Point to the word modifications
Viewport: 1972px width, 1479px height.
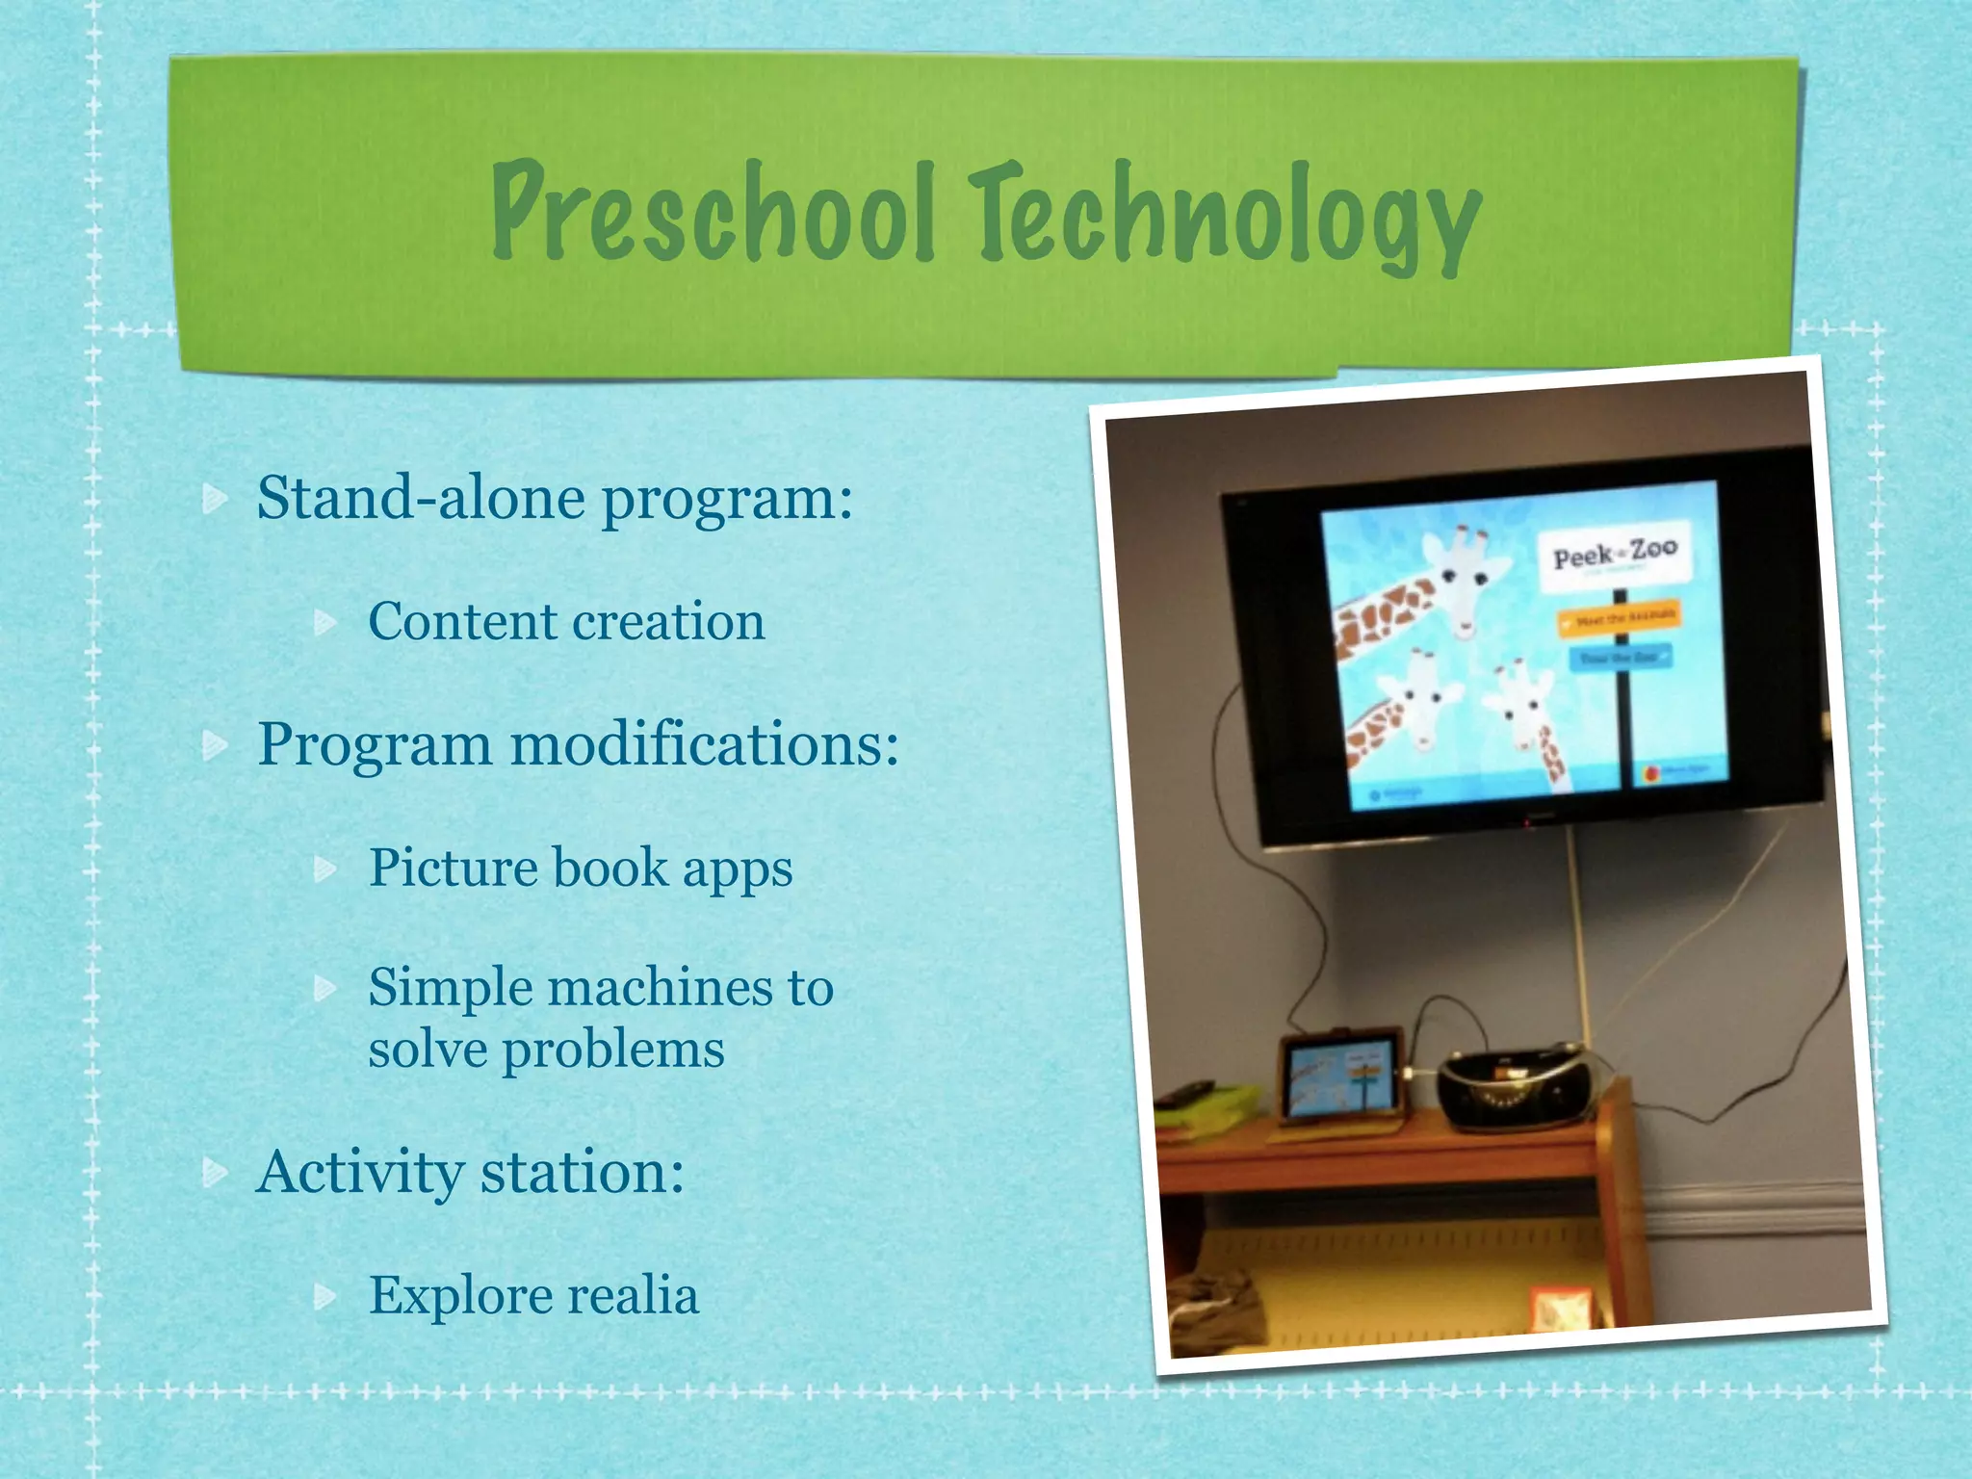704,744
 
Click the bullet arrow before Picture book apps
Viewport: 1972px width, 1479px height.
326,869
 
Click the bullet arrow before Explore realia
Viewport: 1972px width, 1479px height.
326,1297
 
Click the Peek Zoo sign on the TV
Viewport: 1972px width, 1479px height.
1614,556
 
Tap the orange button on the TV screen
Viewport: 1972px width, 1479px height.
1619,618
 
